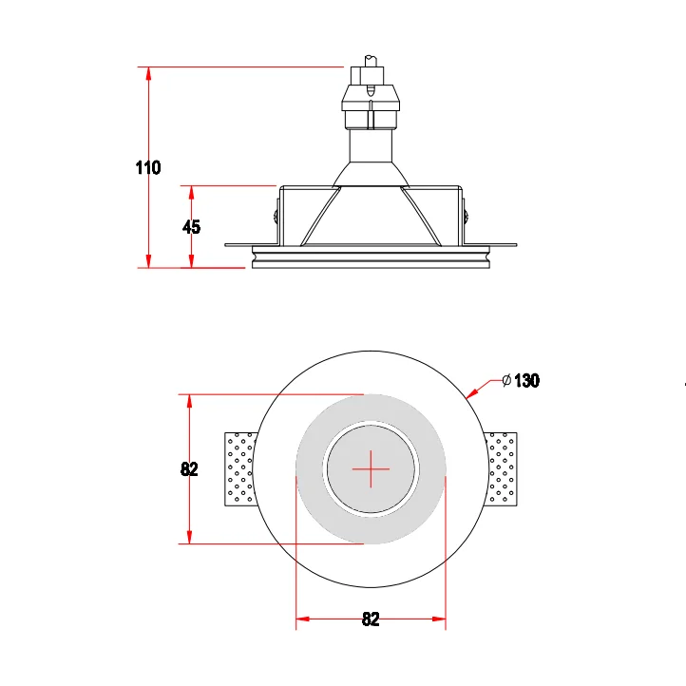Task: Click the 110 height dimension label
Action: click(147, 168)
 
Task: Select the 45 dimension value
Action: click(191, 227)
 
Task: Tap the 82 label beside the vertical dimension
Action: click(189, 468)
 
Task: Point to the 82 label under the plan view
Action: click(371, 619)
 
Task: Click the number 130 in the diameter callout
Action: click(526, 381)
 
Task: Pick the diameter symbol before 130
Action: click(506, 381)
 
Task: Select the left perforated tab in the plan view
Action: click(240, 468)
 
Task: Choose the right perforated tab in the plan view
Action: click(503, 468)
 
